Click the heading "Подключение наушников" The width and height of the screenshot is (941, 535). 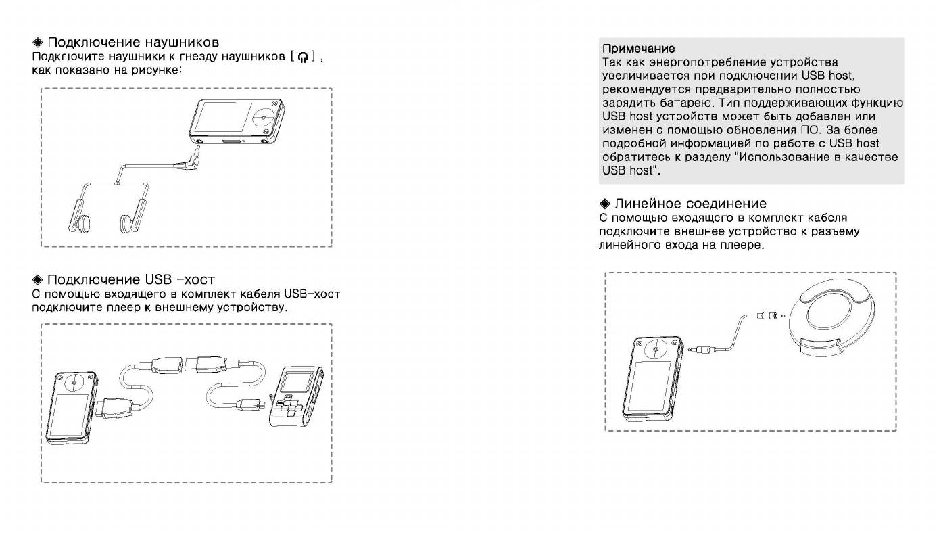pos(133,43)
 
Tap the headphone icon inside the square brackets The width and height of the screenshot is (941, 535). pos(302,57)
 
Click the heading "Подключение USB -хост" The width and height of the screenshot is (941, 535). pos(131,279)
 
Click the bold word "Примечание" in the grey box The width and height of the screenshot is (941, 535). pos(639,48)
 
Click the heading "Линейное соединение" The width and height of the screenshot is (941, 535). pos(690,204)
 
